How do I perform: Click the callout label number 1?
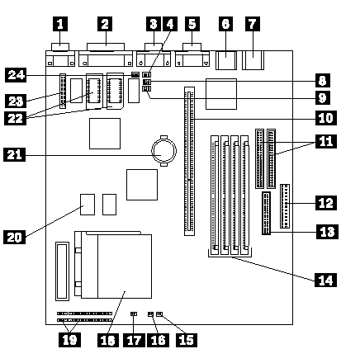pos(60,24)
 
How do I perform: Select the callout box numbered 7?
pos(252,24)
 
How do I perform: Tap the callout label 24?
pos(16,75)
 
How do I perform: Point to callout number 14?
pos(325,280)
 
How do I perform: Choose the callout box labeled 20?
pos(14,237)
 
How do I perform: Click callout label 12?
pos(326,203)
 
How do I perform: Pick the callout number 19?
pos(69,340)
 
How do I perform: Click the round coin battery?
pos(163,150)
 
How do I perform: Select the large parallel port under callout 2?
pos(106,55)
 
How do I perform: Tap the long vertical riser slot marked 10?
pos(189,161)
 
